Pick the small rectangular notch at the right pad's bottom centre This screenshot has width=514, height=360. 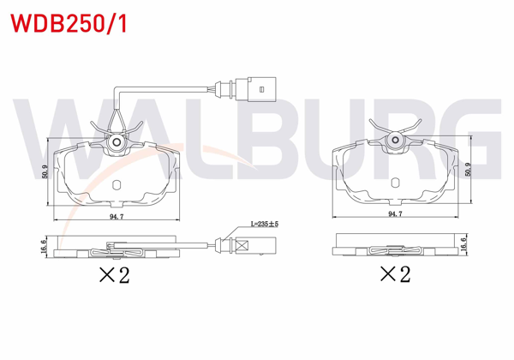click(395, 181)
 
